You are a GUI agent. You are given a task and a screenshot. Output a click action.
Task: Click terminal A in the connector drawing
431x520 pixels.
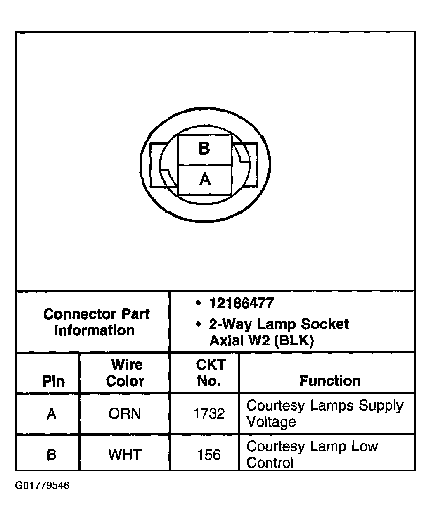pyautogui.click(x=204, y=180)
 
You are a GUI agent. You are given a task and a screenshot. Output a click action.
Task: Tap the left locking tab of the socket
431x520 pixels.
pyautogui.click(x=159, y=165)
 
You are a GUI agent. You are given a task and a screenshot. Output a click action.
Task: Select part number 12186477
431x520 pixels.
pyautogui.click(x=241, y=304)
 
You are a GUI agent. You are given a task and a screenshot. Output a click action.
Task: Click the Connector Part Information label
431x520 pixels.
pyautogui.click(x=96, y=322)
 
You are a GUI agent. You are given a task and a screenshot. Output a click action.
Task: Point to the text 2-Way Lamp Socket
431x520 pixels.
pyautogui.click(x=279, y=324)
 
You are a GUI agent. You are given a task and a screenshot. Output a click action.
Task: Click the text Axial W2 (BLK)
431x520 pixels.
pyautogui.click(x=262, y=341)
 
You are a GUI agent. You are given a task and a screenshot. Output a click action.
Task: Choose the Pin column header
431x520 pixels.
pyautogui.click(x=53, y=381)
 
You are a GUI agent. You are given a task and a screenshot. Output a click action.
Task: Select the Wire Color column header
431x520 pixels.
pyautogui.click(x=125, y=373)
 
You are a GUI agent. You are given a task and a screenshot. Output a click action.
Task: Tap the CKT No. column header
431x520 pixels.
pyautogui.click(x=210, y=373)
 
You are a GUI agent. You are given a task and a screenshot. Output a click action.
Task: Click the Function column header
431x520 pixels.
pyautogui.click(x=330, y=380)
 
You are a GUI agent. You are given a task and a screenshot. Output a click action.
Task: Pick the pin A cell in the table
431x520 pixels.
pyautogui.click(x=51, y=413)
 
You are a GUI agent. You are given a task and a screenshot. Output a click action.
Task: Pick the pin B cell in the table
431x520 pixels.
pyautogui.click(x=51, y=454)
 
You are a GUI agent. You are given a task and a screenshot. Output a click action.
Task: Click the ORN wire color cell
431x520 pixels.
pyautogui.click(x=125, y=413)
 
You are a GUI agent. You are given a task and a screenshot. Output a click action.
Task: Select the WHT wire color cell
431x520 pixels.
pyautogui.click(x=125, y=454)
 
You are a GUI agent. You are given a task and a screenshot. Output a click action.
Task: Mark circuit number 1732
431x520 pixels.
pyautogui.click(x=209, y=413)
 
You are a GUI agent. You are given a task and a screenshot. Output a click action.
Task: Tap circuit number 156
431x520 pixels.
pyautogui.click(x=209, y=454)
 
